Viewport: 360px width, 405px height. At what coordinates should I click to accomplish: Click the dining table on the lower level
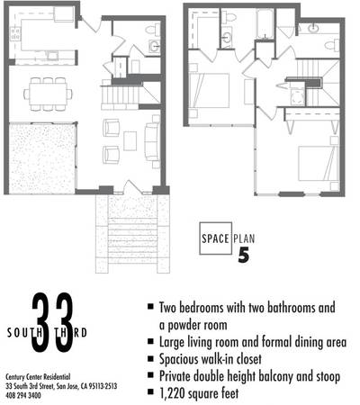point(49,94)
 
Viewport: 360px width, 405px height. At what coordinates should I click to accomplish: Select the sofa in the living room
point(152,142)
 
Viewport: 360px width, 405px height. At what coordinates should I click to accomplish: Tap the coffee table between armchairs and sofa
point(130,141)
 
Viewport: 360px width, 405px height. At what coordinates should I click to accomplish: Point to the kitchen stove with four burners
point(15,33)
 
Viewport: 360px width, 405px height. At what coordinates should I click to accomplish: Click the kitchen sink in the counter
point(53,56)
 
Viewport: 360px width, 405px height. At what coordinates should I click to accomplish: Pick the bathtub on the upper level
point(265,24)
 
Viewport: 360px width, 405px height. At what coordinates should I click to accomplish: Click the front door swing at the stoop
point(133,186)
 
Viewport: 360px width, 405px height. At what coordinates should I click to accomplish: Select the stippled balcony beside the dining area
point(42,158)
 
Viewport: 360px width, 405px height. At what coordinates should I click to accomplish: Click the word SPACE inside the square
point(215,238)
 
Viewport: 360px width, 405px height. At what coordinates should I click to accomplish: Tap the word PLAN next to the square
point(244,238)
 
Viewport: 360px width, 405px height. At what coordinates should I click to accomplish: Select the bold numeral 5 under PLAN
point(244,255)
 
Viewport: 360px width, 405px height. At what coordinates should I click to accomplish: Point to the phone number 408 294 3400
point(23,396)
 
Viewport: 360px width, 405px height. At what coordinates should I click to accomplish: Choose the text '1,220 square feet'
point(199,393)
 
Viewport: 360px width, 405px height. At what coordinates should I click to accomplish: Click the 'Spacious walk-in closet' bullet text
point(210,359)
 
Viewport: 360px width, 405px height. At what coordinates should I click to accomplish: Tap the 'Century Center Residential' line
point(38,377)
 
